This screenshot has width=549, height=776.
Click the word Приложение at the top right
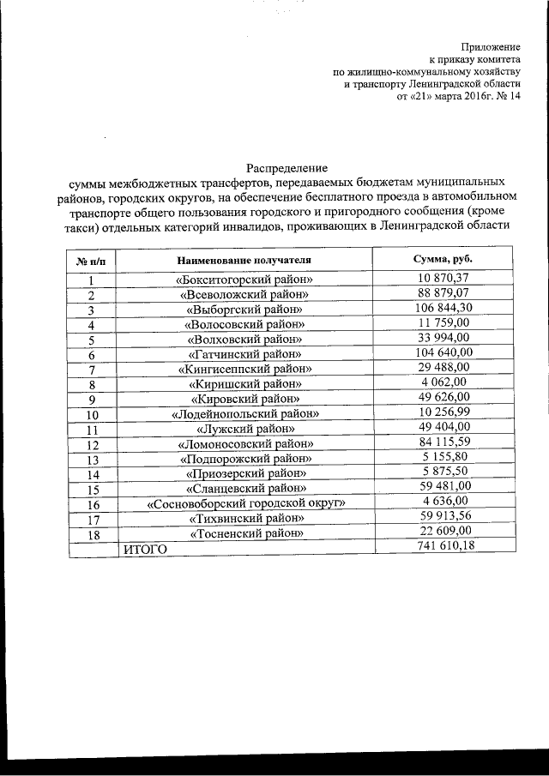click(x=491, y=45)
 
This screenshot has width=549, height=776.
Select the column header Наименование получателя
click(x=244, y=259)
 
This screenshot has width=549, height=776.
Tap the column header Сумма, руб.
click(x=443, y=258)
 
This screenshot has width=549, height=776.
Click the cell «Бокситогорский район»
click(x=244, y=280)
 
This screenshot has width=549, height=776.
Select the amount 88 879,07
click(x=444, y=293)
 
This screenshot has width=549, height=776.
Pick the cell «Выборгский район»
click(x=244, y=309)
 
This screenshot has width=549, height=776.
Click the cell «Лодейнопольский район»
click(x=244, y=413)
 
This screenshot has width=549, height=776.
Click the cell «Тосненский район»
click(x=244, y=533)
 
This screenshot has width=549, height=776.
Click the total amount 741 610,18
click(x=444, y=547)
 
